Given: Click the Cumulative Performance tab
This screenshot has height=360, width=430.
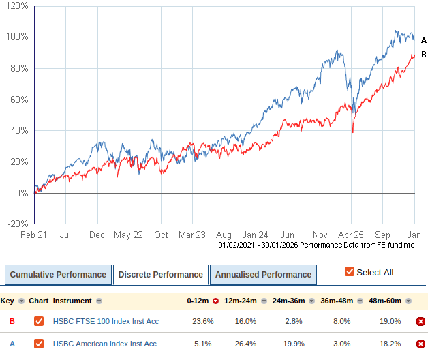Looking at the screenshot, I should coord(58,275).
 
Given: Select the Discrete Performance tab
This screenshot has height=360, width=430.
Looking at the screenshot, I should coord(161,275).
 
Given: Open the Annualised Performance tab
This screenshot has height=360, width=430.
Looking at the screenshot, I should coord(263,275).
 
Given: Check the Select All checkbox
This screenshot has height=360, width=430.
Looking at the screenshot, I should coord(350,272).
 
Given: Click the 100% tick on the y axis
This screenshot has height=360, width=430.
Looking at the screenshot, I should coord(18,37).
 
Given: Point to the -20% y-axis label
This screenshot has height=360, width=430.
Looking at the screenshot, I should coord(18,224).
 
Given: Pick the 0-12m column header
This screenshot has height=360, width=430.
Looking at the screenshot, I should coord(199,301).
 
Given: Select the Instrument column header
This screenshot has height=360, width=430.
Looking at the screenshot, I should coord(72,301).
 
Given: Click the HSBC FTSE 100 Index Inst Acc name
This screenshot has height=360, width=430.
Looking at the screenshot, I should coord(105,321).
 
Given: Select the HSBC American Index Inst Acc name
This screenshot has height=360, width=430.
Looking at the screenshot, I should coord(105,344).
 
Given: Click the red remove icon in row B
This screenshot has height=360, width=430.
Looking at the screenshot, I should coord(420,322).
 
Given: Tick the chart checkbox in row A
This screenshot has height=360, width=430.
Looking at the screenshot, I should coord(39,344).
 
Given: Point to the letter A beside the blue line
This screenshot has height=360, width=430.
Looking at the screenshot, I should coord(423,40).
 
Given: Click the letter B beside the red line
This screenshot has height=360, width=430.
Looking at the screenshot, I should coord(423,55).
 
